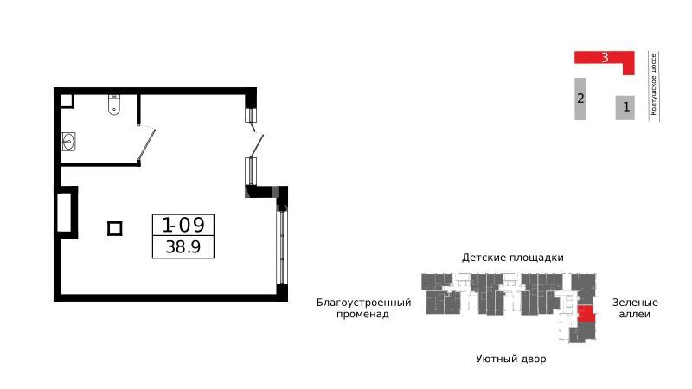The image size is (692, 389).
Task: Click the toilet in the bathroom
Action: point(114,105)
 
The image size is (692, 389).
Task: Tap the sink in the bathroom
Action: point(68,142)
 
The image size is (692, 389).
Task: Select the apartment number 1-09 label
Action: point(183,225)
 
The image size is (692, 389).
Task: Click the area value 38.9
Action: point(183,246)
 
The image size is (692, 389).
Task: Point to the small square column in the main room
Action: point(115,228)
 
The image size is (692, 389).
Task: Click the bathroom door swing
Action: point(146,143)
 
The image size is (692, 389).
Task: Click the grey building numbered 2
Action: point(580,99)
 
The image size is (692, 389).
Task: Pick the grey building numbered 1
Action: point(625,107)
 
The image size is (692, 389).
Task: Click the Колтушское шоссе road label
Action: point(654,85)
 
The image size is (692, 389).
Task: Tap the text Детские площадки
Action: point(513,258)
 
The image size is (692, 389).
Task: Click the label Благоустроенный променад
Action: point(363,309)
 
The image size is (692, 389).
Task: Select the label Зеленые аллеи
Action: point(635,309)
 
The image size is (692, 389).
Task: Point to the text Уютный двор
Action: point(511,359)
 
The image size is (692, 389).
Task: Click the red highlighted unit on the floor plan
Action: point(586,314)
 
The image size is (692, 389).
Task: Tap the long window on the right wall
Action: point(282,247)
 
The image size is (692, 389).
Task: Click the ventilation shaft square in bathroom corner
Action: point(67,101)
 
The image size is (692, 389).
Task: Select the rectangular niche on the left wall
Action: point(67,213)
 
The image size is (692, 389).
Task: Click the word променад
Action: point(362,315)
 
